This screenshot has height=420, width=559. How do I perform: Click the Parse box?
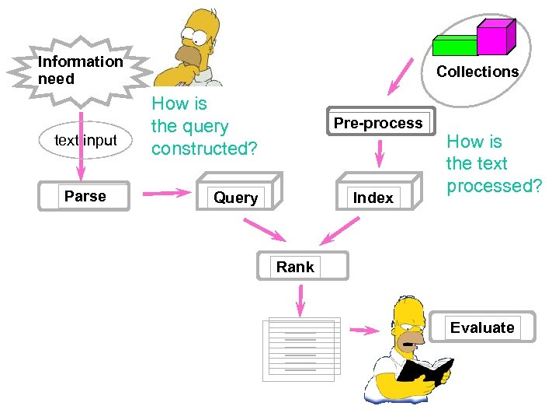pos(85,196)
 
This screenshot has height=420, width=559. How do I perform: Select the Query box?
pos(235,198)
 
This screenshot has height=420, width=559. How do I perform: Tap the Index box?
pos(373,198)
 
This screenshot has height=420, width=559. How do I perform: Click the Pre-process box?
pos(378,123)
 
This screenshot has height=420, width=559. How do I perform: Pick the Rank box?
pos(295,267)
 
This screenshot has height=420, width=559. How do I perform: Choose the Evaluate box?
pos(482,327)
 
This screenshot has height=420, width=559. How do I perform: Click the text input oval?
pos(85,141)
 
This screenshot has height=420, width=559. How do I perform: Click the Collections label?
pos(477,72)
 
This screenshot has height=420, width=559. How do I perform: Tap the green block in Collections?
pos(455,46)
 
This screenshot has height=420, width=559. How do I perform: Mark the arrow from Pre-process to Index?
pos(379,153)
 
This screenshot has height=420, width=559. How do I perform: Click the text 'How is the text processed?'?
pos(493,163)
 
